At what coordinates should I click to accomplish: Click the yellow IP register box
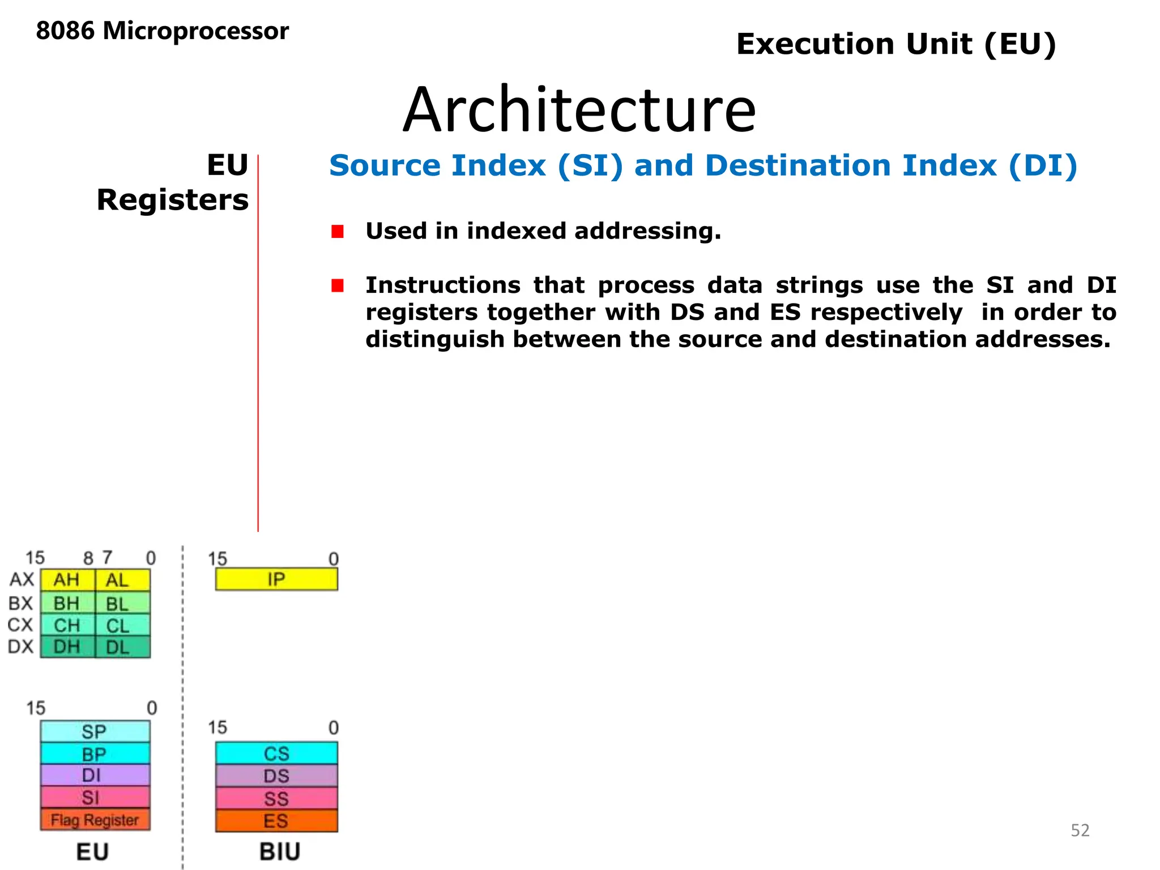(x=276, y=579)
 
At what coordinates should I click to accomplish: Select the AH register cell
(x=67, y=580)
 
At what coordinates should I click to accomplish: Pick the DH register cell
(x=67, y=647)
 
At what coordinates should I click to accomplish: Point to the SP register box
(x=95, y=731)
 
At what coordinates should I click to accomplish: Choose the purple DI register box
(x=95, y=775)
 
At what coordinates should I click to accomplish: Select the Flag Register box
(x=95, y=820)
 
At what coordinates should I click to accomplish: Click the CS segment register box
(x=276, y=753)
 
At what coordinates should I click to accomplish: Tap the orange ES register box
(x=276, y=821)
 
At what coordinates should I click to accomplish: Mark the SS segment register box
(x=276, y=799)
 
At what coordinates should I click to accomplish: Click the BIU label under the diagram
(x=280, y=851)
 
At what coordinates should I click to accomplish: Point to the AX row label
(x=22, y=579)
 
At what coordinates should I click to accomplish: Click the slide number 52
(x=1080, y=830)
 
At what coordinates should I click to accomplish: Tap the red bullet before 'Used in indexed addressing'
(x=338, y=232)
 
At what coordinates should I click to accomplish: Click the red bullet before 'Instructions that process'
(x=338, y=285)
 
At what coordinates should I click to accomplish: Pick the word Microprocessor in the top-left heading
(x=195, y=31)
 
